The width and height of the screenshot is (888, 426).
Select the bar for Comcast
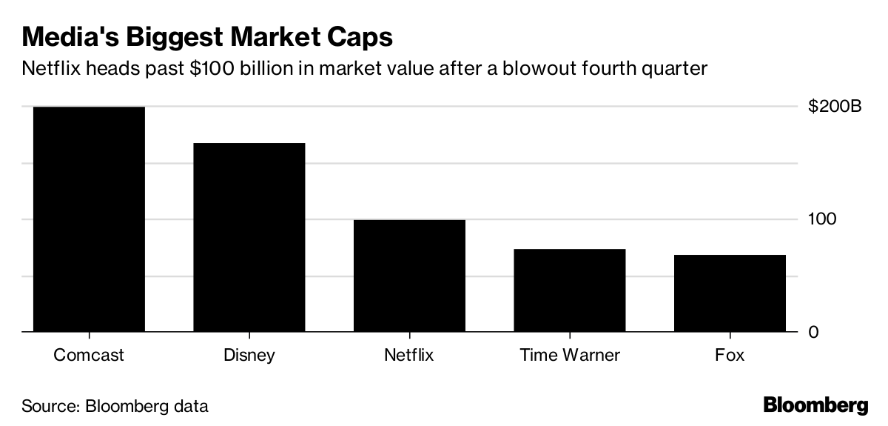pyautogui.click(x=89, y=219)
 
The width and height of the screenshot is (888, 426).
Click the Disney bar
pyautogui.click(x=249, y=237)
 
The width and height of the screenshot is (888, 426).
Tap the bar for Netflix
pyautogui.click(x=409, y=276)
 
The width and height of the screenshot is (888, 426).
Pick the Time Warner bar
pyautogui.click(x=570, y=290)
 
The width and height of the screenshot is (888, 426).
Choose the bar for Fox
pyautogui.click(x=730, y=293)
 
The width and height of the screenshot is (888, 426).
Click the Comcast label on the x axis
pyautogui.click(x=89, y=355)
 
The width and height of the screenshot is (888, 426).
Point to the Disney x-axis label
pyautogui.click(x=249, y=355)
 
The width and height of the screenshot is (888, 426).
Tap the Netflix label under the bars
pyautogui.click(x=409, y=355)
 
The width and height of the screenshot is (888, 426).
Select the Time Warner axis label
pyautogui.click(x=570, y=355)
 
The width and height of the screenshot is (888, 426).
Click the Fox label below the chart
pyautogui.click(x=730, y=355)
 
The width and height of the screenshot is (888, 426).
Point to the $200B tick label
pyautogui.click(x=835, y=107)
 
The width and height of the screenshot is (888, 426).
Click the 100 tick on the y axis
pyautogui.click(x=821, y=219)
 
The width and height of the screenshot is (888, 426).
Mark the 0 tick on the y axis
pyautogui.click(x=813, y=332)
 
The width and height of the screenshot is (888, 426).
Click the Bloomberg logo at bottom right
pyautogui.click(x=815, y=405)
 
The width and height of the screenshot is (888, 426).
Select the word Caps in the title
pyautogui.click(x=363, y=36)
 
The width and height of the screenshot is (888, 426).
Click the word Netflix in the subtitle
pyautogui.click(x=49, y=69)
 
